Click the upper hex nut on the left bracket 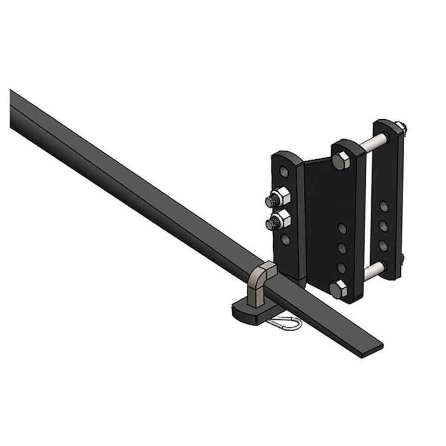pyautogui.click(x=280, y=198)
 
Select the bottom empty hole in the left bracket pyautogui.click(x=286, y=239)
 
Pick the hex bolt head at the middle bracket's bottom pyautogui.click(x=337, y=288)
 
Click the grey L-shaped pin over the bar pyautogui.click(x=261, y=282)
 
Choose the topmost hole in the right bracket pyautogui.click(x=384, y=206)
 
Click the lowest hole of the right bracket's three pyautogui.click(x=384, y=244)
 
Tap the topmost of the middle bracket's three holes pyautogui.click(x=342, y=229)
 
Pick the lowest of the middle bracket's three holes pyautogui.click(x=342, y=267)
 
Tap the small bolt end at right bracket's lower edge pyautogui.click(x=402, y=258)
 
